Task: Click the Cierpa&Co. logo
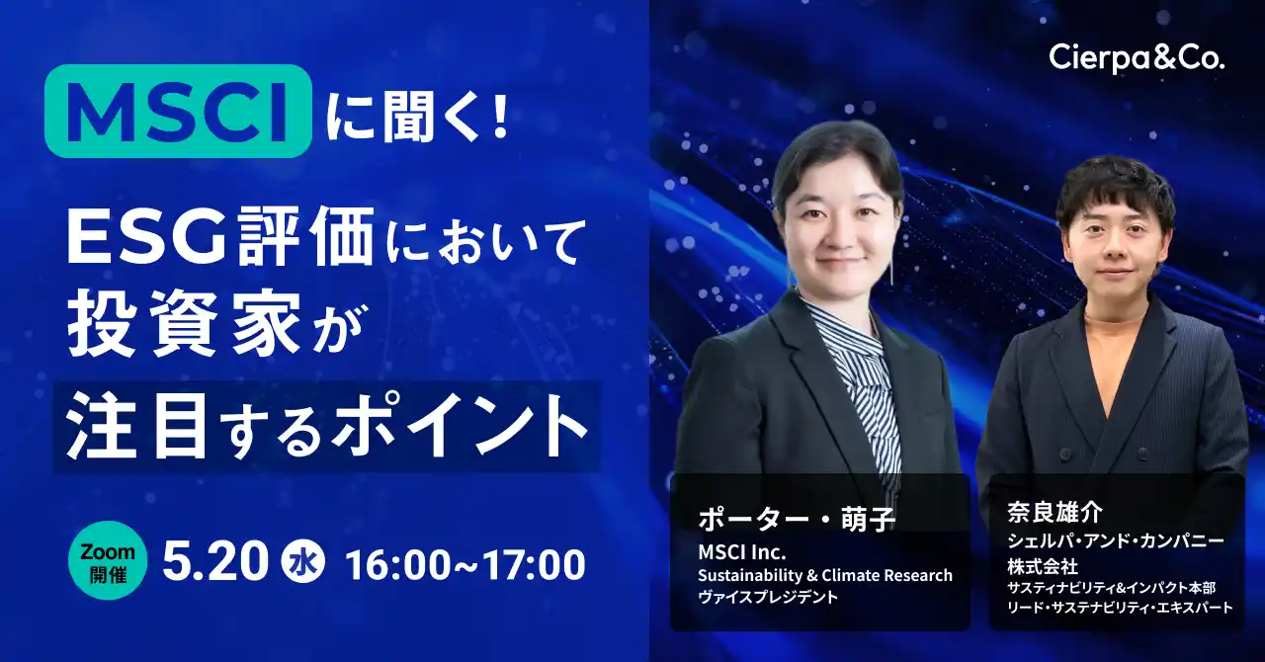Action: tap(1137, 58)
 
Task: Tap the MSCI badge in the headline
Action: tap(179, 111)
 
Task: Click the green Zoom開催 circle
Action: tap(108, 560)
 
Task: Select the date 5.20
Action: tap(215, 562)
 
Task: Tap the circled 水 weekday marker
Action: tap(303, 561)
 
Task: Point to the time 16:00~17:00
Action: tap(465, 564)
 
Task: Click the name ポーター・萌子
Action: tap(797, 519)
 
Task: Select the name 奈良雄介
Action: tap(1054, 513)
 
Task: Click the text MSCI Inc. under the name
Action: tap(742, 551)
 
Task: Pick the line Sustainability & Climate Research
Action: tap(825, 575)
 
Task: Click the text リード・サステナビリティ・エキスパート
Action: tap(1120, 608)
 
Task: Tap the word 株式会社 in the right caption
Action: tap(1043, 566)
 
